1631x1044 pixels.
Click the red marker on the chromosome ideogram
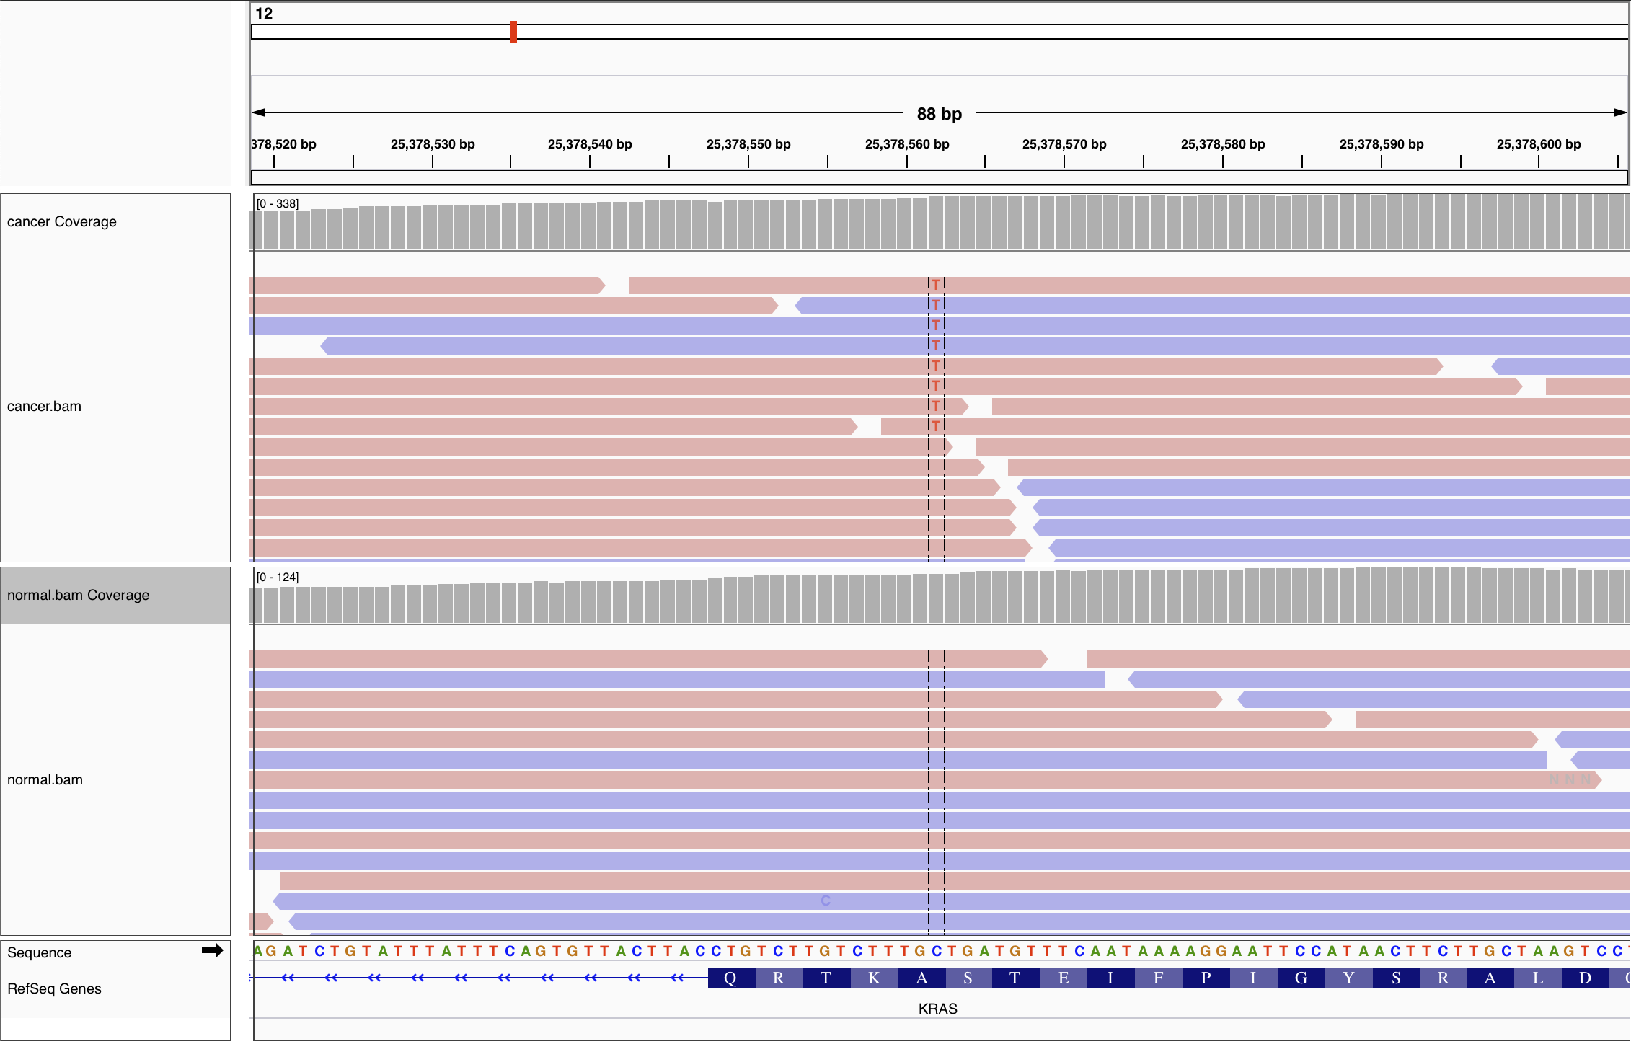coord(513,32)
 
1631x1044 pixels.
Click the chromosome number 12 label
coord(264,14)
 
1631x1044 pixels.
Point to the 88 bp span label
coord(939,114)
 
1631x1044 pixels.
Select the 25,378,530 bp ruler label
coord(433,144)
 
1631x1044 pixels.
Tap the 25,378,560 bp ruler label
coord(907,144)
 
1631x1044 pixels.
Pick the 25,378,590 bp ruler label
coord(1382,144)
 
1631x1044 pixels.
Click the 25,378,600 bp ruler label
coord(1539,144)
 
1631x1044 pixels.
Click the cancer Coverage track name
coord(62,222)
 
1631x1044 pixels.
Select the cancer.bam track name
coord(44,407)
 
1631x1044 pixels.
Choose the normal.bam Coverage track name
coord(78,596)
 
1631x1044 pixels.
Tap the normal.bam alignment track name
coord(45,780)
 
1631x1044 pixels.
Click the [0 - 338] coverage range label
coord(278,204)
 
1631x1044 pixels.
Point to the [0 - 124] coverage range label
coord(278,578)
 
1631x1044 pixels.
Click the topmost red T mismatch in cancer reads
coord(936,285)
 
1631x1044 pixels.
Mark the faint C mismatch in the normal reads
coord(826,901)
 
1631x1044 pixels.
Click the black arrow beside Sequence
coord(212,951)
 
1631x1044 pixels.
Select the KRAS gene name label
coord(937,1009)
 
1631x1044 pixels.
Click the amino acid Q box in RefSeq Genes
coord(730,978)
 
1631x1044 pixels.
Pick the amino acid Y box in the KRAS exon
coord(1349,978)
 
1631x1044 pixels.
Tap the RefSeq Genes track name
coord(54,989)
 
